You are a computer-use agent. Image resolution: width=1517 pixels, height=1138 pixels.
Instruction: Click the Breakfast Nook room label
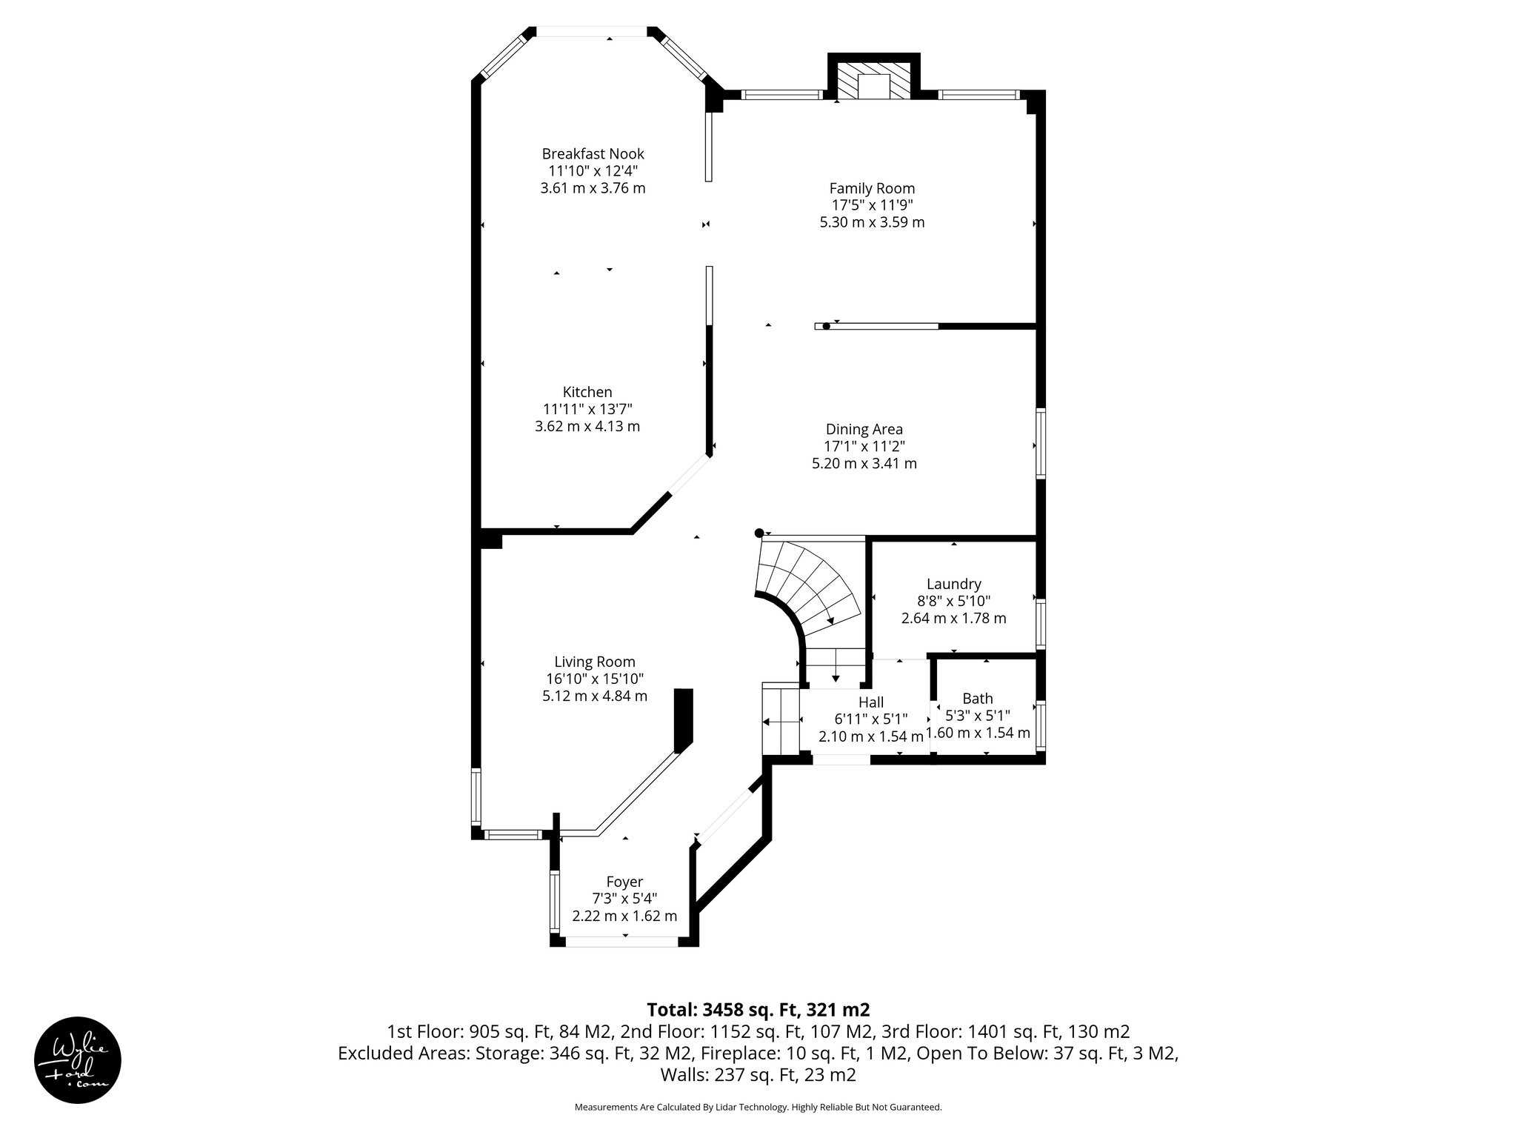click(x=593, y=154)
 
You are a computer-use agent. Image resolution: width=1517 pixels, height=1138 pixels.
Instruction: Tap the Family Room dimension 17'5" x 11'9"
click(x=872, y=205)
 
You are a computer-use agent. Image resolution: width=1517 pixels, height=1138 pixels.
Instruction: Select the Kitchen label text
click(x=587, y=393)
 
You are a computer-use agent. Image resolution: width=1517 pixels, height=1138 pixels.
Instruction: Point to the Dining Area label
click(x=864, y=429)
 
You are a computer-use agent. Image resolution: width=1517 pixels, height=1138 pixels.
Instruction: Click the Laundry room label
click(x=953, y=584)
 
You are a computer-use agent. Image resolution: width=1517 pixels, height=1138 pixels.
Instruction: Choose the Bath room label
click(x=977, y=698)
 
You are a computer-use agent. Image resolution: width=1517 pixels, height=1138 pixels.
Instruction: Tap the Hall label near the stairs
click(x=871, y=702)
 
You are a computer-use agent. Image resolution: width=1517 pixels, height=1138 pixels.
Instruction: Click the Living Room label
click(x=595, y=662)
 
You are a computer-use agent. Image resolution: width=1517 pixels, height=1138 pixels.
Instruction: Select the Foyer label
click(x=624, y=882)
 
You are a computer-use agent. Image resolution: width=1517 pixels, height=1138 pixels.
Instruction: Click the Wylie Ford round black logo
click(x=78, y=1059)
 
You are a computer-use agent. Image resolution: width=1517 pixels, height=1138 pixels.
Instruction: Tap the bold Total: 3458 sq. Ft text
click(x=758, y=1009)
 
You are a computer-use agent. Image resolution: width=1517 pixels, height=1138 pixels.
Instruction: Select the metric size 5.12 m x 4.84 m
click(x=595, y=696)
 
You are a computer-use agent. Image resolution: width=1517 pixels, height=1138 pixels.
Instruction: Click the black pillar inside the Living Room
click(x=683, y=720)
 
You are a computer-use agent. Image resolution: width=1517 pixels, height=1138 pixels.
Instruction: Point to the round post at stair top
click(x=758, y=533)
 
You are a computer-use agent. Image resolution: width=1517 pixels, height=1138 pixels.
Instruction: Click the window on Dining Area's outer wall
click(x=1040, y=443)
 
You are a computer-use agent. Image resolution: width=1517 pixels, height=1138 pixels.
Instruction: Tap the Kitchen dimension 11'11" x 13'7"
click(x=587, y=409)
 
